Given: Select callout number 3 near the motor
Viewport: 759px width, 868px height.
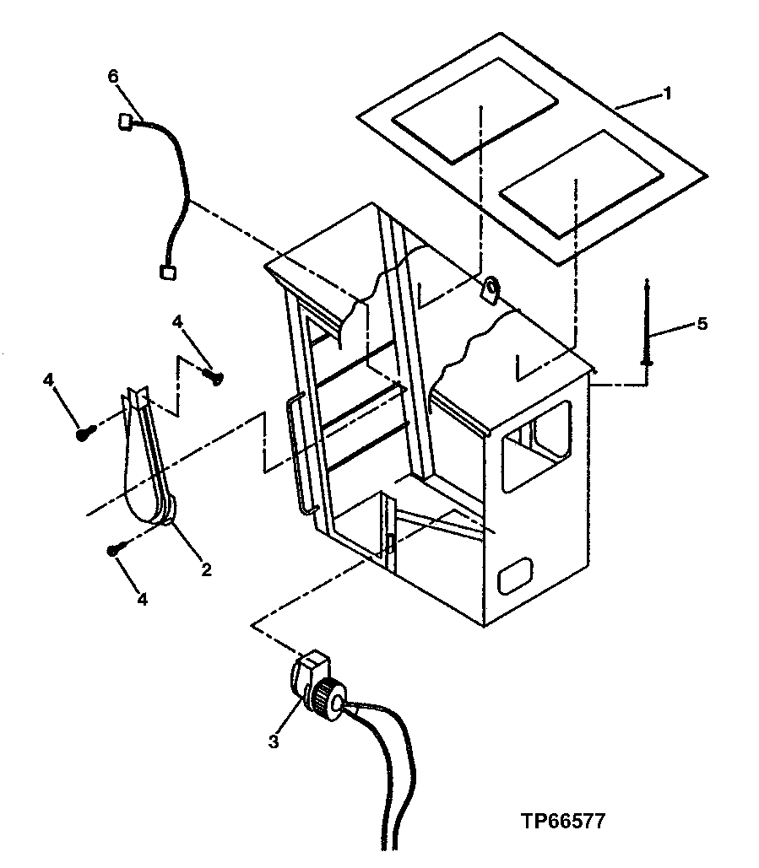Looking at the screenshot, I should (274, 741).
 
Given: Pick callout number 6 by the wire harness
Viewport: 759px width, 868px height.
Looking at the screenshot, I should (113, 76).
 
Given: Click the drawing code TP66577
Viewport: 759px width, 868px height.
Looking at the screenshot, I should (562, 821).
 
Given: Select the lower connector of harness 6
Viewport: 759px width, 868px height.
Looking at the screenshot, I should (167, 272).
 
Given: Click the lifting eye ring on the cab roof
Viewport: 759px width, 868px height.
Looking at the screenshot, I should (491, 291).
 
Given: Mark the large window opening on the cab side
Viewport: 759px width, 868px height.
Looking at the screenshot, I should (536, 445).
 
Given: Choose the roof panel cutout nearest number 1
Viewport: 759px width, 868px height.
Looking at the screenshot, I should (583, 182).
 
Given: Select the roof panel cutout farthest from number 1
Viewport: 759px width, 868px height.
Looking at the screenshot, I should (474, 110).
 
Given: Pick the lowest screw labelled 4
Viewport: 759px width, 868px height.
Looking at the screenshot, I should (114, 550).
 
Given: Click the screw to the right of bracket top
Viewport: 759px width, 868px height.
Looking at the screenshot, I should (213, 377).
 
